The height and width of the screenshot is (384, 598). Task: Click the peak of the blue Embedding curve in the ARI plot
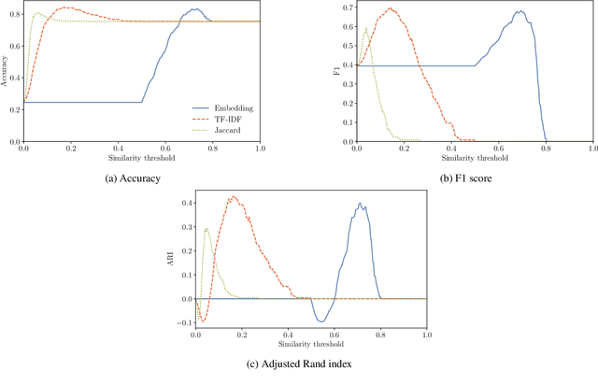(361, 204)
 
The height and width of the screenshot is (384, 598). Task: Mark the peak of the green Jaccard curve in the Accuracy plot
(35, 14)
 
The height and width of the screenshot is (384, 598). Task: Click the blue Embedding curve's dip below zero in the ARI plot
(321, 321)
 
